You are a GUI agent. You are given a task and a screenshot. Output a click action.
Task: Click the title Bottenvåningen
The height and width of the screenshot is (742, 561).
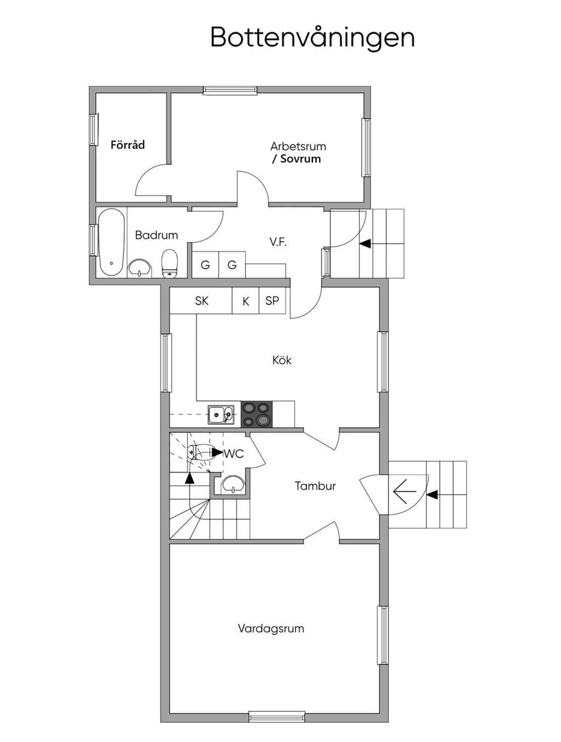click(x=312, y=38)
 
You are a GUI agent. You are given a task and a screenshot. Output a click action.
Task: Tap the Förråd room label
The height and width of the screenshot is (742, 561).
click(x=128, y=145)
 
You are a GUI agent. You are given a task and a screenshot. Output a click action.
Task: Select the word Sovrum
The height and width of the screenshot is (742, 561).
click(x=300, y=159)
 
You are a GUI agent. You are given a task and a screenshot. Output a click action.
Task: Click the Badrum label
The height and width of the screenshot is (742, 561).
click(x=156, y=235)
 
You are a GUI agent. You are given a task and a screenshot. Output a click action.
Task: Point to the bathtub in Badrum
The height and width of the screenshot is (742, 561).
click(x=111, y=242)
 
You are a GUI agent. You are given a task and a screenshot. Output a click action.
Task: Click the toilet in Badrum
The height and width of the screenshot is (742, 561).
click(x=169, y=264)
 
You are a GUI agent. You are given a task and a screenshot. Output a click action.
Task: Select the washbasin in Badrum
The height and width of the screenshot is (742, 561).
click(x=140, y=268)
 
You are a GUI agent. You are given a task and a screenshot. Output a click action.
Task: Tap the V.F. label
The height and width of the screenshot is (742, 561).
click(x=278, y=241)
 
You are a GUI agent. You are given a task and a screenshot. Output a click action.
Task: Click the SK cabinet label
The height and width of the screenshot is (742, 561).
click(x=202, y=301)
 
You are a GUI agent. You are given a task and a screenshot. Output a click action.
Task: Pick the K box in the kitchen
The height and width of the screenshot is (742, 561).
click(x=245, y=301)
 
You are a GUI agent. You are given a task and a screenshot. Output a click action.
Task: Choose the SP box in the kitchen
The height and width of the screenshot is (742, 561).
click(x=272, y=301)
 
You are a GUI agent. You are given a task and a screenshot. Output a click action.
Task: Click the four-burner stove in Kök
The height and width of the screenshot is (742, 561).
click(x=256, y=414)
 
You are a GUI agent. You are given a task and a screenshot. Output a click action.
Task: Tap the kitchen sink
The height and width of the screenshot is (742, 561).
click(x=221, y=415)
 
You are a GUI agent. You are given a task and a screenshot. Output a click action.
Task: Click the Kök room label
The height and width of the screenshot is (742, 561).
click(x=282, y=360)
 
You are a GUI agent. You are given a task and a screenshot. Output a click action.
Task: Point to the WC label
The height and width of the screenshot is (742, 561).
click(x=234, y=453)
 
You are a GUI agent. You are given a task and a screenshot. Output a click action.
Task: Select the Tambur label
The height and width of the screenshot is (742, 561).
click(x=315, y=486)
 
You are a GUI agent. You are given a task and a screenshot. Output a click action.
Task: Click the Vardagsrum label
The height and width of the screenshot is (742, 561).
click(x=271, y=629)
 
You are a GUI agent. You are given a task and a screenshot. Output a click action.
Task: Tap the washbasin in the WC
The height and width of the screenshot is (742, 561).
click(x=233, y=485)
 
